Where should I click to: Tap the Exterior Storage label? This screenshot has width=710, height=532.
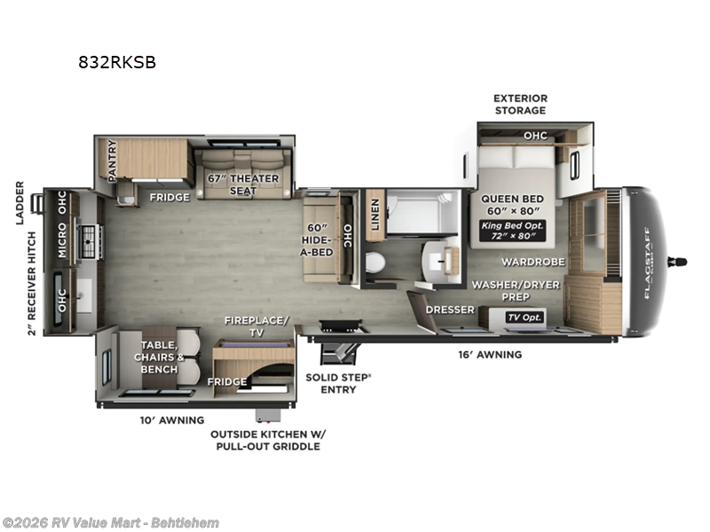click(520, 104)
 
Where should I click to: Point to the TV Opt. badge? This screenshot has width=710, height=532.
click(524, 317)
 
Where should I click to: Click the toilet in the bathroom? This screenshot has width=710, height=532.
click(375, 263)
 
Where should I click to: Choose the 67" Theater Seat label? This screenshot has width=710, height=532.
click(243, 184)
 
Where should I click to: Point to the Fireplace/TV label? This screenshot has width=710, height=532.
click(256, 326)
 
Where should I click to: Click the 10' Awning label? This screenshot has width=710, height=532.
click(170, 419)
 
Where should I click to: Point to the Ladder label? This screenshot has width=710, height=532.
click(20, 203)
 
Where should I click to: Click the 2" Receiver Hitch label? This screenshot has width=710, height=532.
click(32, 284)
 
